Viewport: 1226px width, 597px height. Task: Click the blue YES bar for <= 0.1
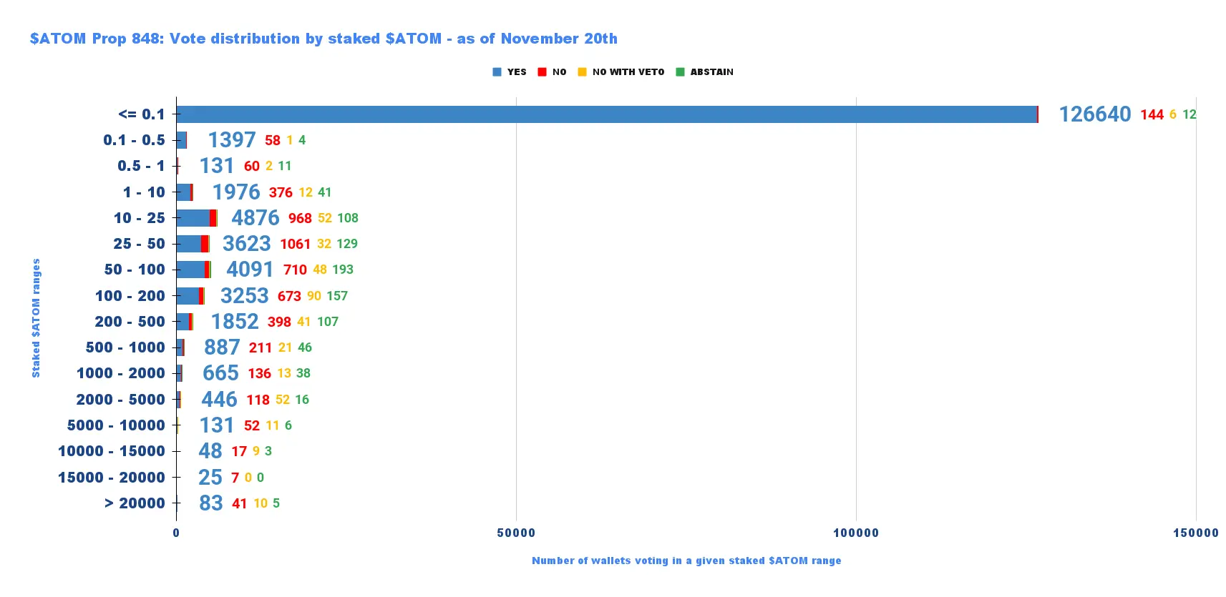606,114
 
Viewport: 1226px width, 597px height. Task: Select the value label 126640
1094,114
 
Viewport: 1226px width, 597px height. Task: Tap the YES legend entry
510,72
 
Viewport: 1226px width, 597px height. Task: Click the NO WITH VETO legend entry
621,72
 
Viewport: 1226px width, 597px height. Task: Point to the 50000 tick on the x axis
516,533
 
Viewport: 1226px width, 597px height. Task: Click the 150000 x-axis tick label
1195,533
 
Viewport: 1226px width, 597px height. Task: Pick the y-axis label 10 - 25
139,218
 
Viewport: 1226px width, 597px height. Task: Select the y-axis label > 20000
135,503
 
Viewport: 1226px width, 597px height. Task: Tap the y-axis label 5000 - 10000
116,425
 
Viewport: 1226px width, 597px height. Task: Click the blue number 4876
255,218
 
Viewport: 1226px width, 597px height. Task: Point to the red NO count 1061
295,244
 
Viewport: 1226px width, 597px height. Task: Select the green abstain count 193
343,270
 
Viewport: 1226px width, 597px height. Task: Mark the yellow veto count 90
314,296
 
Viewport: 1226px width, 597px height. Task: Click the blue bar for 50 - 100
190,270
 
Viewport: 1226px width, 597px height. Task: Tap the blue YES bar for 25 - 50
189,244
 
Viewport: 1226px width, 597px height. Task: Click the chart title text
323,39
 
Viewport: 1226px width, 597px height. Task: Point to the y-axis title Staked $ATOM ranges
36,318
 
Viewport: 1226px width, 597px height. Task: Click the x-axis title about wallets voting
686,561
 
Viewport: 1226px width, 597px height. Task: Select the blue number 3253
244,296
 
